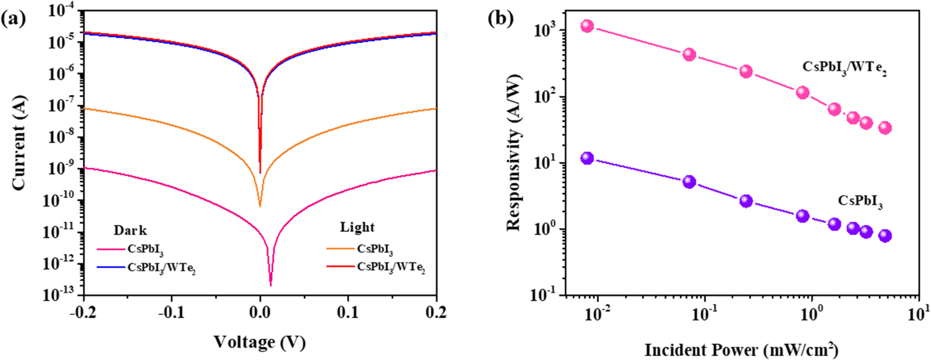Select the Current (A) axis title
(19, 143)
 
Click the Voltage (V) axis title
(259, 342)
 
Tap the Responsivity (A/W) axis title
(514, 152)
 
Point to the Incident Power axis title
(741, 350)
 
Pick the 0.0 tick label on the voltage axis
(259, 312)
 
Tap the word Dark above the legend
(130, 230)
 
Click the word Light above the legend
(357, 227)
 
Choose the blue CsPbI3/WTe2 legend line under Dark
(111, 267)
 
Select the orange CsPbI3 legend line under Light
(340, 249)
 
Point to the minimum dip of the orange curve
(260, 205)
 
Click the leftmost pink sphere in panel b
(587, 26)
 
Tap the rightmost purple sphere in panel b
(885, 236)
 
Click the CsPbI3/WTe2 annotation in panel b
(844, 68)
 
